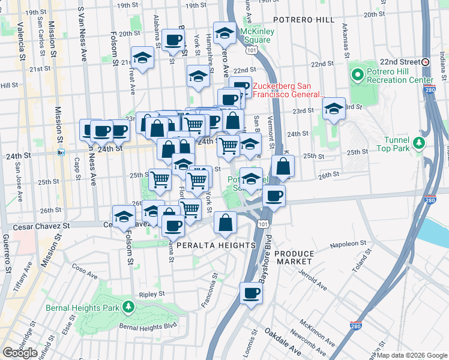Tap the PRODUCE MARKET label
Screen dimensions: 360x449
(x=294, y=258)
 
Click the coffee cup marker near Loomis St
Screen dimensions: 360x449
(x=252, y=293)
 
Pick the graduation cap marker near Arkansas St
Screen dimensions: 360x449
(x=333, y=109)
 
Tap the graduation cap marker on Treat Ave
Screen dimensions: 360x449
(x=142, y=58)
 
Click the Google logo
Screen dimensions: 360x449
(x=20, y=353)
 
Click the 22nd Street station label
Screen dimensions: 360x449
(x=400, y=62)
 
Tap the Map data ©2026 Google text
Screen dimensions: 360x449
(x=412, y=355)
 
